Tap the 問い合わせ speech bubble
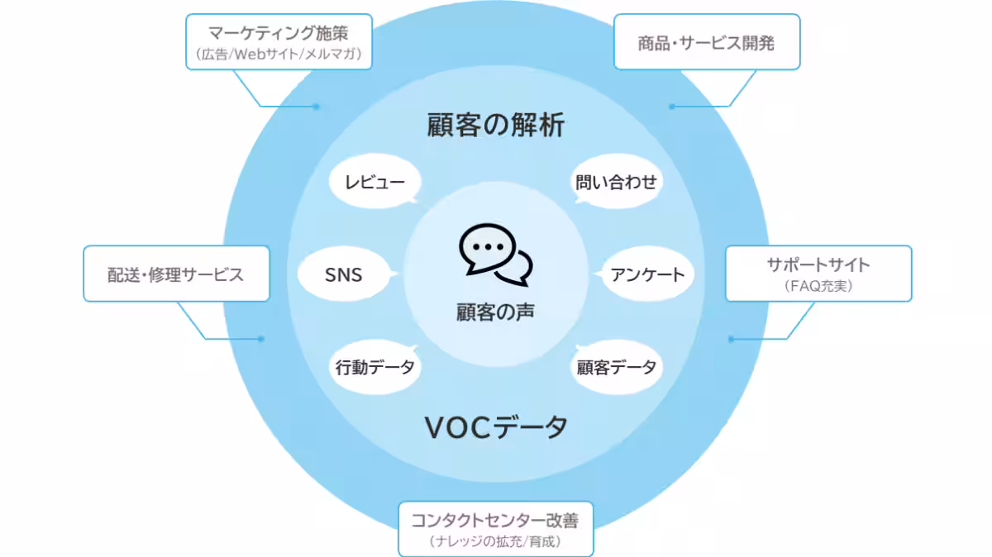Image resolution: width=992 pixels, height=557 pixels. pyautogui.click(x=617, y=182)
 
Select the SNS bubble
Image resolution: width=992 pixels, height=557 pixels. pyautogui.click(x=344, y=274)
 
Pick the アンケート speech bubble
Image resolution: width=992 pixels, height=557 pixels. pyautogui.click(x=647, y=274)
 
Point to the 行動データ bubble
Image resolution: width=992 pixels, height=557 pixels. pyautogui.click(x=374, y=367)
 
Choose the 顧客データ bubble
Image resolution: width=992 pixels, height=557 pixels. pyautogui.click(x=617, y=367)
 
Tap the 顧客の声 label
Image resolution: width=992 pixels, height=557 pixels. pyautogui.click(x=495, y=312)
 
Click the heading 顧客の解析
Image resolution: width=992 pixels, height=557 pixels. pyautogui.click(x=496, y=125)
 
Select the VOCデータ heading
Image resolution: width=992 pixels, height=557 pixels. pyautogui.click(x=496, y=427)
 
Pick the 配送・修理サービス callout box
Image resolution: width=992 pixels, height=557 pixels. pyautogui.click(x=176, y=274)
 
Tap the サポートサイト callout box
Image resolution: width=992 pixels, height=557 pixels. pyautogui.click(x=818, y=274)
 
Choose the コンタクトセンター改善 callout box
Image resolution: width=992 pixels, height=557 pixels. pyautogui.click(x=496, y=529)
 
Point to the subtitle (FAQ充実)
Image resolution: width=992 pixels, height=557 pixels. pyautogui.click(x=818, y=286)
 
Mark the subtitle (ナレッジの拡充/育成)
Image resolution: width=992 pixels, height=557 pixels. pyautogui.click(x=496, y=542)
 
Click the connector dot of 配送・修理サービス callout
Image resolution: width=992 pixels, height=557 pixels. pyautogui.click(x=261, y=338)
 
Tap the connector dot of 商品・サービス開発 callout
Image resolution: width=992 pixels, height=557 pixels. pyautogui.click(x=671, y=106)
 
